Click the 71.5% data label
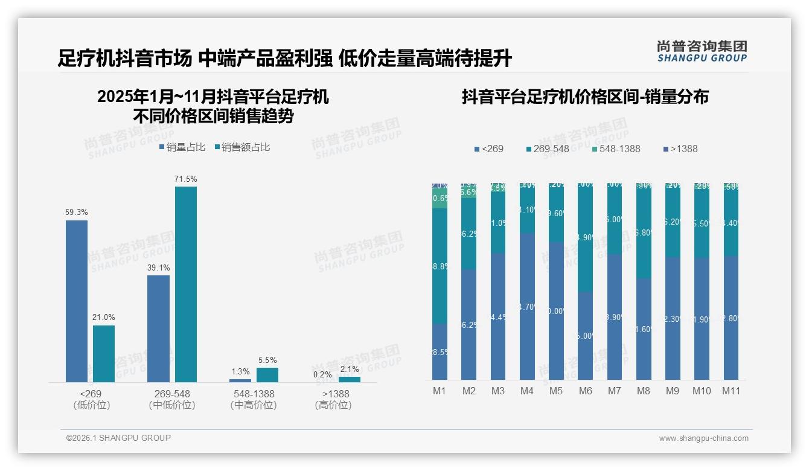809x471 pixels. click(185, 179)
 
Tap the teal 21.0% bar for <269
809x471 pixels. click(104, 353)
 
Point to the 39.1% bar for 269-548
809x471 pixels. click(158, 328)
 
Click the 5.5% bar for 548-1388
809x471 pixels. click(267, 375)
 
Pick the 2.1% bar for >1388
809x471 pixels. click(349, 379)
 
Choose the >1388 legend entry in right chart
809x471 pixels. click(680, 149)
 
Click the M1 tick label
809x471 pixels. click(440, 391)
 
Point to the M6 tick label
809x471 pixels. click(585, 391)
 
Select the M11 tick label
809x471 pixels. click(731, 391)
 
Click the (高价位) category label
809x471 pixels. click(333, 405)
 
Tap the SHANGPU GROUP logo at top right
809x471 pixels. click(702, 51)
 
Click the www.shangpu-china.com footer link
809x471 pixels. click(703, 438)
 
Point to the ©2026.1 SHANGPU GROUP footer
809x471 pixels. click(118, 438)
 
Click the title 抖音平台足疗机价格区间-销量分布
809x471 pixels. click(585, 97)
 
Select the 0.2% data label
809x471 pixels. click(322, 374)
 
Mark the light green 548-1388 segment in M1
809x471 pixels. click(440, 198)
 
